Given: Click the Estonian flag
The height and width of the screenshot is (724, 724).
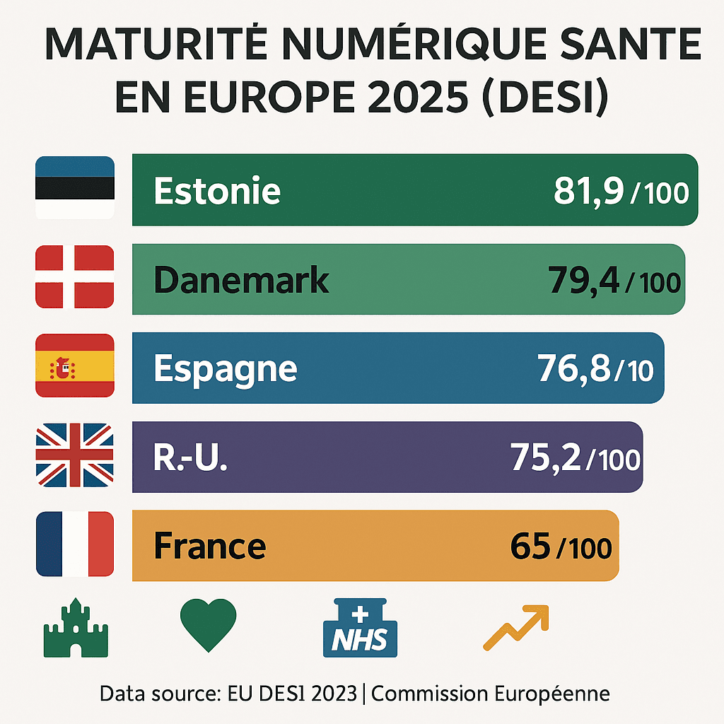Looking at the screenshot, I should pos(75,187).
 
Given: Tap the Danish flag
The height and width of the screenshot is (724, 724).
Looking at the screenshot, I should pos(75,277).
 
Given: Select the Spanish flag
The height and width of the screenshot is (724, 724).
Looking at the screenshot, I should pos(75,366).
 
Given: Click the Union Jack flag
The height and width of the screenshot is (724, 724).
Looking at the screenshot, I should pos(75,455).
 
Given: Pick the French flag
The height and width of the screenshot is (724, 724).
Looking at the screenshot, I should pos(75,544).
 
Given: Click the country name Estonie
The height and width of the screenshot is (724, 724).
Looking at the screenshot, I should pos(217,191).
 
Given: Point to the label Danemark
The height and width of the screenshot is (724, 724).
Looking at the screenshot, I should pos(241,281).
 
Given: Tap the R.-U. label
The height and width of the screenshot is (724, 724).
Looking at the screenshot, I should pos(191,458).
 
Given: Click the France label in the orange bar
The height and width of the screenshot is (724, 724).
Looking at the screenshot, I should pos(210,547).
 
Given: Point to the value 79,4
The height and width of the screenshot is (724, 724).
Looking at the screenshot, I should pos(583,281).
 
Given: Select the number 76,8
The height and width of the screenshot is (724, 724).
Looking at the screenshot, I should pos(573,369).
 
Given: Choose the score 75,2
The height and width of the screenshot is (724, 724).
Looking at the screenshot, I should pos(545,458).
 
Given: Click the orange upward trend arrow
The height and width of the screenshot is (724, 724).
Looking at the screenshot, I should pos(516,627).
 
